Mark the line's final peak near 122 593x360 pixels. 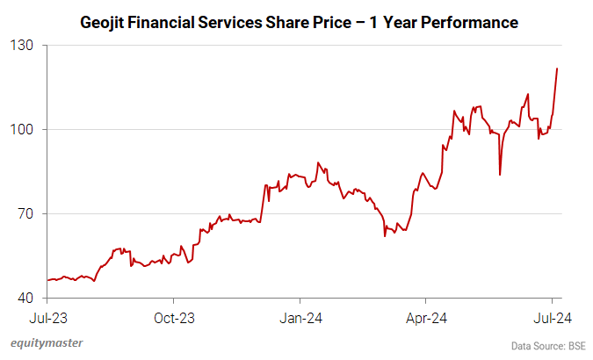[x=558, y=68]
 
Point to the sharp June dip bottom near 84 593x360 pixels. [x=500, y=175]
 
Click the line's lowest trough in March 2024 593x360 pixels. [x=385, y=235]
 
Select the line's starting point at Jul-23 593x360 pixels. [x=47, y=280]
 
